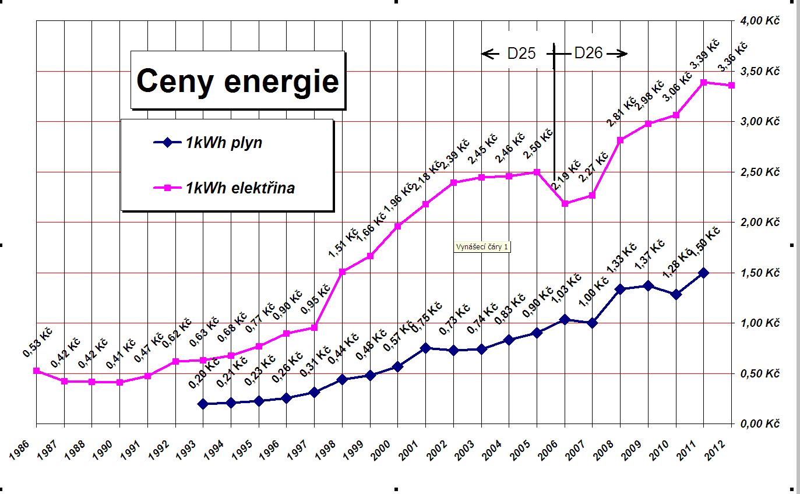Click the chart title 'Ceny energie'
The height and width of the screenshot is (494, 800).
click(237, 81)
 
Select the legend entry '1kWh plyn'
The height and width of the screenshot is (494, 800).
click(224, 143)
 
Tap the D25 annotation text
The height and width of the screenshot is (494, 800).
click(521, 54)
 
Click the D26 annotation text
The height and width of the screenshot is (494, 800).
click(588, 54)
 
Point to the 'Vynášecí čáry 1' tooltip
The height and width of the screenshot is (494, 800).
click(482, 247)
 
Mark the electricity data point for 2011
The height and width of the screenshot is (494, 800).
click(704, 82)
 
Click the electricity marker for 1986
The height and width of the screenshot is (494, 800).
click(36, 370)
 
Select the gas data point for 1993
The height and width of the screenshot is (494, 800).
click(203, 404)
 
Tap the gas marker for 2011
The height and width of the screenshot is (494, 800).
click(704, 273)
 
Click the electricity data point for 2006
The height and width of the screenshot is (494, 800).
click(565, 203)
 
